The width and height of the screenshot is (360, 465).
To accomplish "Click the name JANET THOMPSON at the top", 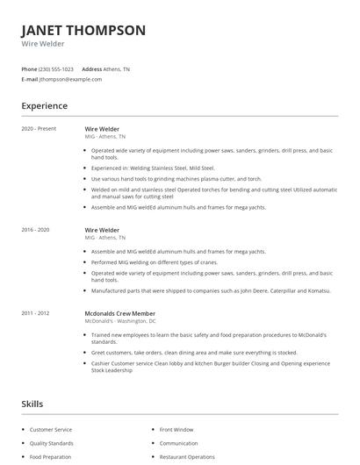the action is tap(83, 30).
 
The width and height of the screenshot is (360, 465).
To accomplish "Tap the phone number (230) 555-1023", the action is tap(56, 68).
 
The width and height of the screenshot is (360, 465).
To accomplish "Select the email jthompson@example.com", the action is tap(70, 79).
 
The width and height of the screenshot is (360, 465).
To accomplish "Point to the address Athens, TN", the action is tap(118, 68).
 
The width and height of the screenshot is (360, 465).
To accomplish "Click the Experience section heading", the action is tap(44, 106).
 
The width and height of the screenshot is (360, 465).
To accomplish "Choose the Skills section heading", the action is tap(32, 404).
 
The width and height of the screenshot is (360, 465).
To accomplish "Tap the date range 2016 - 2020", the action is tap(36, 230).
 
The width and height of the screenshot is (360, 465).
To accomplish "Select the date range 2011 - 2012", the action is tap(36, 313).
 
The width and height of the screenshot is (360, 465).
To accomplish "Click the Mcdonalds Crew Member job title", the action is tap(119, 313).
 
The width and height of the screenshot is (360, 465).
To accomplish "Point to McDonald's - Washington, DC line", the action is tap(120, 321).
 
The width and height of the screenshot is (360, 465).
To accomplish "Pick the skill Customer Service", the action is tap(51, 430).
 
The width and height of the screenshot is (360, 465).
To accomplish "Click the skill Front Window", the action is tap(176, 430).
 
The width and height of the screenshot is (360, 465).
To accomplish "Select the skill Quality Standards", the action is tap(51, 443).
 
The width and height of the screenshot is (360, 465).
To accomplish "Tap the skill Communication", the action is tap(178, 443).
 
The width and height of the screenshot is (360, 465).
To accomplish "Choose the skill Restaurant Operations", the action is tap(187, 457).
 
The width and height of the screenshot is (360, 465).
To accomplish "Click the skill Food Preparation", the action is tap(49, 457).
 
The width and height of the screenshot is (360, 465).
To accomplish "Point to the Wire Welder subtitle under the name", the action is tap(41, 43).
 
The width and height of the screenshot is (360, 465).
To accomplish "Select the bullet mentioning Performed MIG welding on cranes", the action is tap(155, 262).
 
